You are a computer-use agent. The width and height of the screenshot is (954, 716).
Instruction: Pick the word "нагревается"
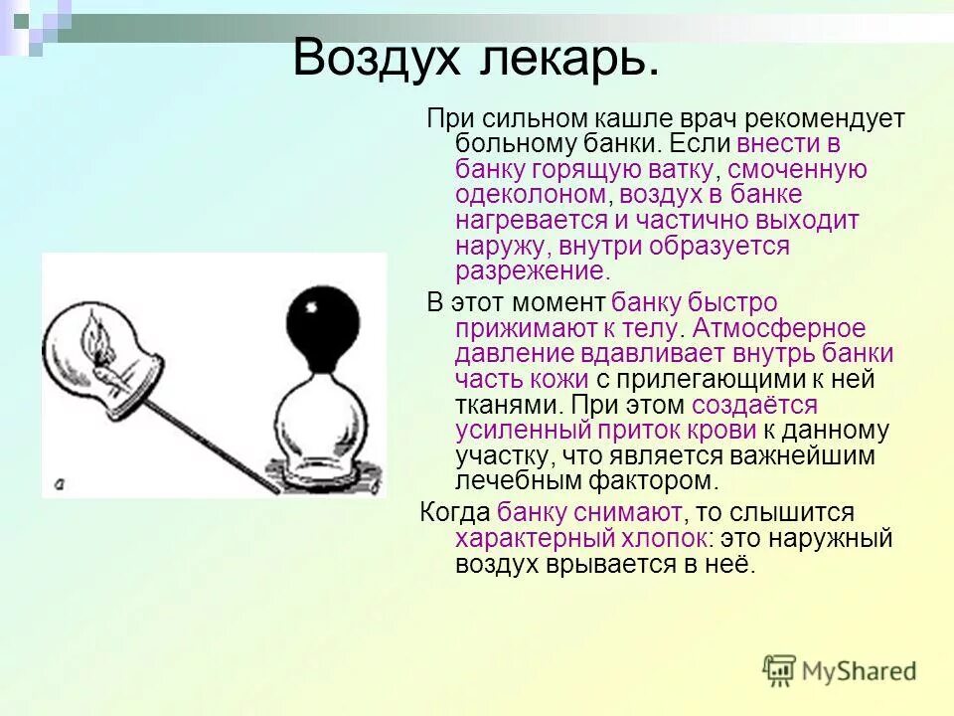click(531, 221)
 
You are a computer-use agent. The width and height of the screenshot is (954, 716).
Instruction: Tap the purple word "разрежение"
click(530, 271)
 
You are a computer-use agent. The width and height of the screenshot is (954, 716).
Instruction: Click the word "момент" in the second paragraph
click(559, 302)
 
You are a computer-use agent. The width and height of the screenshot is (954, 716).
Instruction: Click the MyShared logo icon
click(780, 670)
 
